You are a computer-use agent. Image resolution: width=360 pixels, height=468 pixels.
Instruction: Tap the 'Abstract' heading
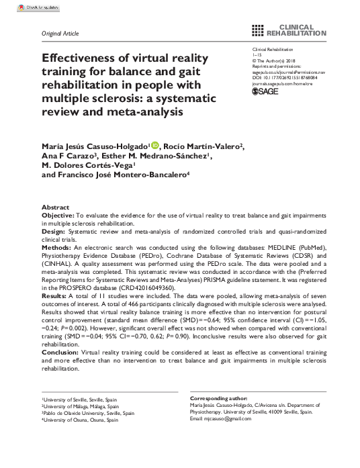point(55,207)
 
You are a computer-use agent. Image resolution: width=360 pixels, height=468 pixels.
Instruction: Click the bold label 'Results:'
point(56,295)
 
